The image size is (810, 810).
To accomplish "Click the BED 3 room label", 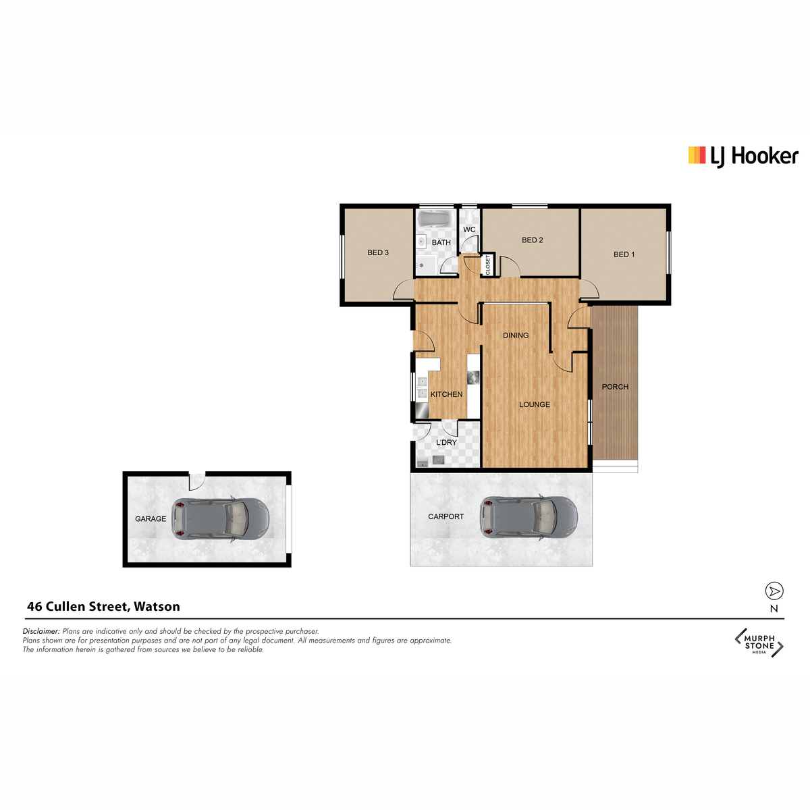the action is [x=377, y=252].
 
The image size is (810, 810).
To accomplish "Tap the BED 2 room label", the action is [x=532, y=240].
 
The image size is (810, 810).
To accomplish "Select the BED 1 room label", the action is [x=624, y=254].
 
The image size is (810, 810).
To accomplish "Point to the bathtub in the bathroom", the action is [x=435, y=219].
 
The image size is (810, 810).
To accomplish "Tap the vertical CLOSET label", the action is [x=487, y=265].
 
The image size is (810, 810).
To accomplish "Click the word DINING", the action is [x=515, y=335].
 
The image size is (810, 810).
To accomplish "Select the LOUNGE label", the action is [x=534, y=404].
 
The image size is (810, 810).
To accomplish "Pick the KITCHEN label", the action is [x=446, y=394].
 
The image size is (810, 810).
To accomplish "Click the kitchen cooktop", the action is [x=473, y=377].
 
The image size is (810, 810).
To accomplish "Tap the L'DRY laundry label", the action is [x=446, y=442].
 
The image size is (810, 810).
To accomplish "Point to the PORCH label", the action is [x=614, y=387].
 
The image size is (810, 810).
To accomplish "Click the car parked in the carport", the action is [x=529, y=516].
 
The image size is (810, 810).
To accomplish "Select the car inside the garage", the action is [x=220, y=518].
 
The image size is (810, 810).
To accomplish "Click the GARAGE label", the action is [x=151, y=518].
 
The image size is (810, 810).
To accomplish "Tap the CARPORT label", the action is [x=446, y=516].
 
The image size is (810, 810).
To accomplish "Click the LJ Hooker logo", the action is [x=742, y=156].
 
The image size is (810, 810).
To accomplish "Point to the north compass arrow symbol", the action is [x=774, y=591].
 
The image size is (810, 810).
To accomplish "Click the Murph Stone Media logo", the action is [x=759, y=643].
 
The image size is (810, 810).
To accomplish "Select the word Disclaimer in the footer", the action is [x=42, y=631].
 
